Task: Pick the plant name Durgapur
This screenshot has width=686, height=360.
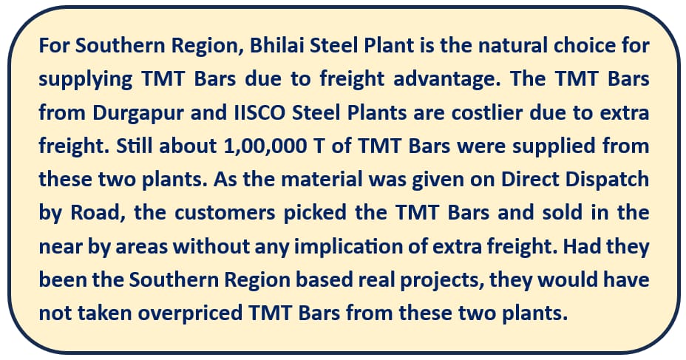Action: (138, 114)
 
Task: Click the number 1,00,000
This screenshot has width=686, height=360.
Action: (265, 146)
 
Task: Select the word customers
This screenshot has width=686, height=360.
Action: (225, 214)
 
